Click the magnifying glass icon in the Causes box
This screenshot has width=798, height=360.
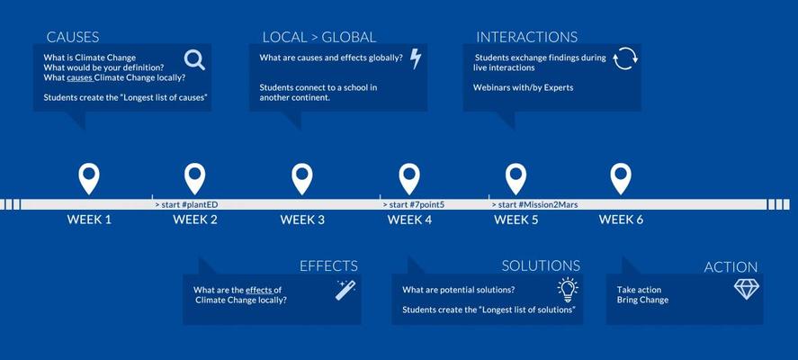pyautogui.click(x=194, y=60)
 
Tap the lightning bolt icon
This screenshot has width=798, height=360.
pyautogui.click(x=416, y=58)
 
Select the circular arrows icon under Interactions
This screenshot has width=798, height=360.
pyautogui.click(x=625, y=58)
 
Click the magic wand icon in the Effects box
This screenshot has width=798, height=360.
pyautogui.click(x=345, y=290)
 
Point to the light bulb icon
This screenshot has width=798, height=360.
pyautogui.click(x=568, y=290)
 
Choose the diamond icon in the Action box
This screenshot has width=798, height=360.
pyautogui.click(x=746, y=289)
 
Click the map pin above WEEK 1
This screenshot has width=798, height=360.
pyautogui.click(x=89, y=179)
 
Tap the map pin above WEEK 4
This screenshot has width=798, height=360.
pyautogui.click(x=409, y=179)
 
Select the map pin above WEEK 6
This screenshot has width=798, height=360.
pyautogui.click(x=621, y=179)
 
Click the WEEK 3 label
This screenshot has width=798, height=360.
pyautogui.click(x=302, y=220)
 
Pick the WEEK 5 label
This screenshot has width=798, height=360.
pyautogui.click(x=516, y=220)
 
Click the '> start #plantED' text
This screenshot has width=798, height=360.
pyautogui.click(x=187, y=204)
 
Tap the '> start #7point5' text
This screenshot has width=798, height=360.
pyautogui.click(x=414, y=204)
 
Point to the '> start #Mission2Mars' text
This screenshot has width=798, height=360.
pyautogui.click(x=534, y=204)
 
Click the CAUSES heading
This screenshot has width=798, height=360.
pyautogui.click(x=73, y=37)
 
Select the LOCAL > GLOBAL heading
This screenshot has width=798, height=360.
pyautogui.click(x=319, y=37)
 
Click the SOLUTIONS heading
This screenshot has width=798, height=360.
pyautogui.click(x=541, y=265)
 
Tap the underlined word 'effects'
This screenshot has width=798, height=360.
pyautogui.click(x=260, y=290)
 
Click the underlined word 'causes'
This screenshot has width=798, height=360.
pyautogui.click(x=80, y=78)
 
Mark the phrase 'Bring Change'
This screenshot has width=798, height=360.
pyautogui.click(x=642, y=300)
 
